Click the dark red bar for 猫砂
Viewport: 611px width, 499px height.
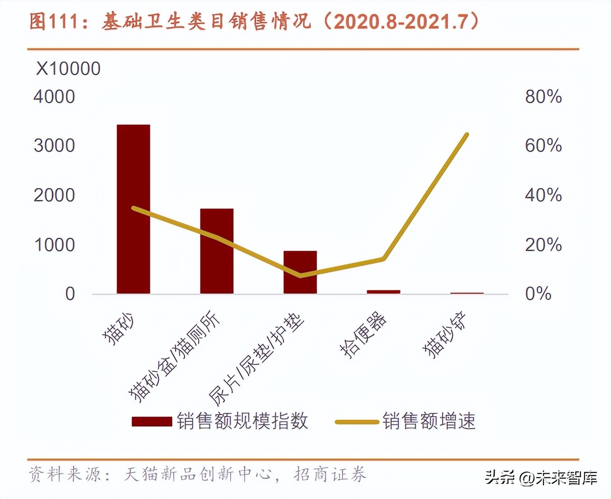[134, 209]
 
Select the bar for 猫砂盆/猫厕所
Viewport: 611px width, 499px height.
[217, 251]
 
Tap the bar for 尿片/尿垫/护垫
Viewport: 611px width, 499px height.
[300, 272]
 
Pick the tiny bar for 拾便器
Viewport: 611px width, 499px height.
[384, 292]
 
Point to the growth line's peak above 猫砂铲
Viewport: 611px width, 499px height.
[467, 134]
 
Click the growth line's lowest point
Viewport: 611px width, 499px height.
[301, 275]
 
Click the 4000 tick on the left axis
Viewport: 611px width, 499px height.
[54, 97]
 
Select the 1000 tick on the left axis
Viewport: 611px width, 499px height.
[54, 245]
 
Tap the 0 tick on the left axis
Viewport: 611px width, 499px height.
[70, 294]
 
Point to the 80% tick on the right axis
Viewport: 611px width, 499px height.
[543, 97]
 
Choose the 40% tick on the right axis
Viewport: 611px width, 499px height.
[543, 195]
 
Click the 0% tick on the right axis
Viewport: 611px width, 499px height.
[538, 294]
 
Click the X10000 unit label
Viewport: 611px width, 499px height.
[68, 69]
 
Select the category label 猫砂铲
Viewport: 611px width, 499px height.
[444, 335]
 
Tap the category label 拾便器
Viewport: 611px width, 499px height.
[363, 335]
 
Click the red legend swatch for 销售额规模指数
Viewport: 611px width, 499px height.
[152, 422]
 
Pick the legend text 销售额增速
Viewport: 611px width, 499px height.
[429, 421]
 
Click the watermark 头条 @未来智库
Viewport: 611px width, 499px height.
[541, 477]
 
